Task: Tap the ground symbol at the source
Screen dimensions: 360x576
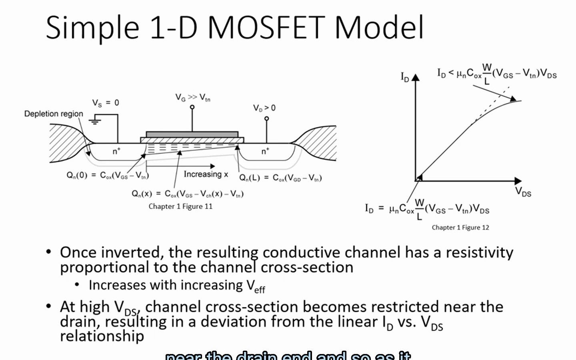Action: (95, 120)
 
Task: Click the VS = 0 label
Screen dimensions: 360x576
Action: (106, 103)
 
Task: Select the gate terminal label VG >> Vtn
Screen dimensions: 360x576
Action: (192, 97)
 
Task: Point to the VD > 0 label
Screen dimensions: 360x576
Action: (264, 108)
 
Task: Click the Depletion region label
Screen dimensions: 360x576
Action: (54, 114)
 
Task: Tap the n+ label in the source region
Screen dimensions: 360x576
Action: (116, 151)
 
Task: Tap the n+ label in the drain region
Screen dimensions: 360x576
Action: (265, 151)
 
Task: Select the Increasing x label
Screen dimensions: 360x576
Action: (206, 174)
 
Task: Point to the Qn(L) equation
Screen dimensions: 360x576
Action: (280, 178)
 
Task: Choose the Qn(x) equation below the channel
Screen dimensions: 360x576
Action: (188, 194)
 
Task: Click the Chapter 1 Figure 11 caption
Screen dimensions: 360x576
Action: (180, 206)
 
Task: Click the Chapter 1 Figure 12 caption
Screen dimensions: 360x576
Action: (460, 228)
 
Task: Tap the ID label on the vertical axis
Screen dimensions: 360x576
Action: (405, 77)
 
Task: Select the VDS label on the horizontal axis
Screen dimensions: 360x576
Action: (523, 192)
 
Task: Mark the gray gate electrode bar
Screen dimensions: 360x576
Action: (192, 134)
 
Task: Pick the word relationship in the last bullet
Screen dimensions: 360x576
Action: (102, 336)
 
